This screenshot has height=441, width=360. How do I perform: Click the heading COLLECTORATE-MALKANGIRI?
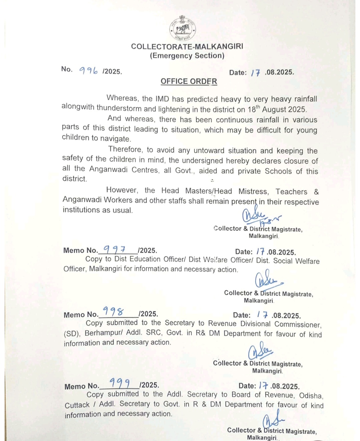[187, 46]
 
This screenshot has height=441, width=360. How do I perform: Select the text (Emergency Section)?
[187, 56]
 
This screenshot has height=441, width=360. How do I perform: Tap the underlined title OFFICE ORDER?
[189, 81]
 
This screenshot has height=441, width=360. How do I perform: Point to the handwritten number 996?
[88, 70]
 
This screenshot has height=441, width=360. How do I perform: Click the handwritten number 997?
[114, 249]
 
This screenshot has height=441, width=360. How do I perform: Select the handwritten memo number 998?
[113, 312]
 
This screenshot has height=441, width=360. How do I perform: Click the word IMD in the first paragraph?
[162, 99]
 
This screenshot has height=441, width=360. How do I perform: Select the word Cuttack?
[77, 405]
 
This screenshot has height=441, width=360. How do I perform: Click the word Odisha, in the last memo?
[311, 396]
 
